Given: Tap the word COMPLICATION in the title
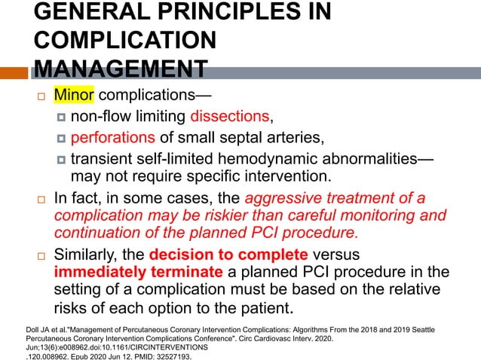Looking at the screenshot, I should click(124, 41).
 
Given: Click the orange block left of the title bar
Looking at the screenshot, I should click(14, 74).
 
